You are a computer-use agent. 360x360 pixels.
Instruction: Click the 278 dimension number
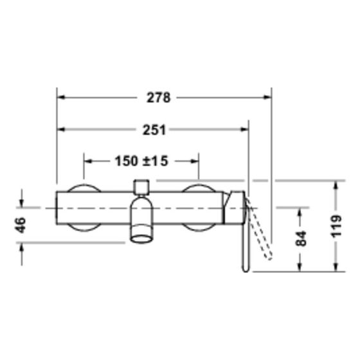[159, 98]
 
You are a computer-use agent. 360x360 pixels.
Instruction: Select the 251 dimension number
[154, 130]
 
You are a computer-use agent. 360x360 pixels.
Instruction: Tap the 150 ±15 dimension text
[141, 161]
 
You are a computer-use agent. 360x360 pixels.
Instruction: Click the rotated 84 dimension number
[301, 239]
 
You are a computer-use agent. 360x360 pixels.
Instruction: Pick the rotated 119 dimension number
[336, 226]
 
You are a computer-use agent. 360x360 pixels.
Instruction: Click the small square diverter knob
[141, 187]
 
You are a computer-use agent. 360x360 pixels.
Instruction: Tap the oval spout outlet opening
[141, 239]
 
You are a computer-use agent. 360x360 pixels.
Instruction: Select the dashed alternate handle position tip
[269, 257]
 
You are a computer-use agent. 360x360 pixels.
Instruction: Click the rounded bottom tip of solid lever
[246, 269]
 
